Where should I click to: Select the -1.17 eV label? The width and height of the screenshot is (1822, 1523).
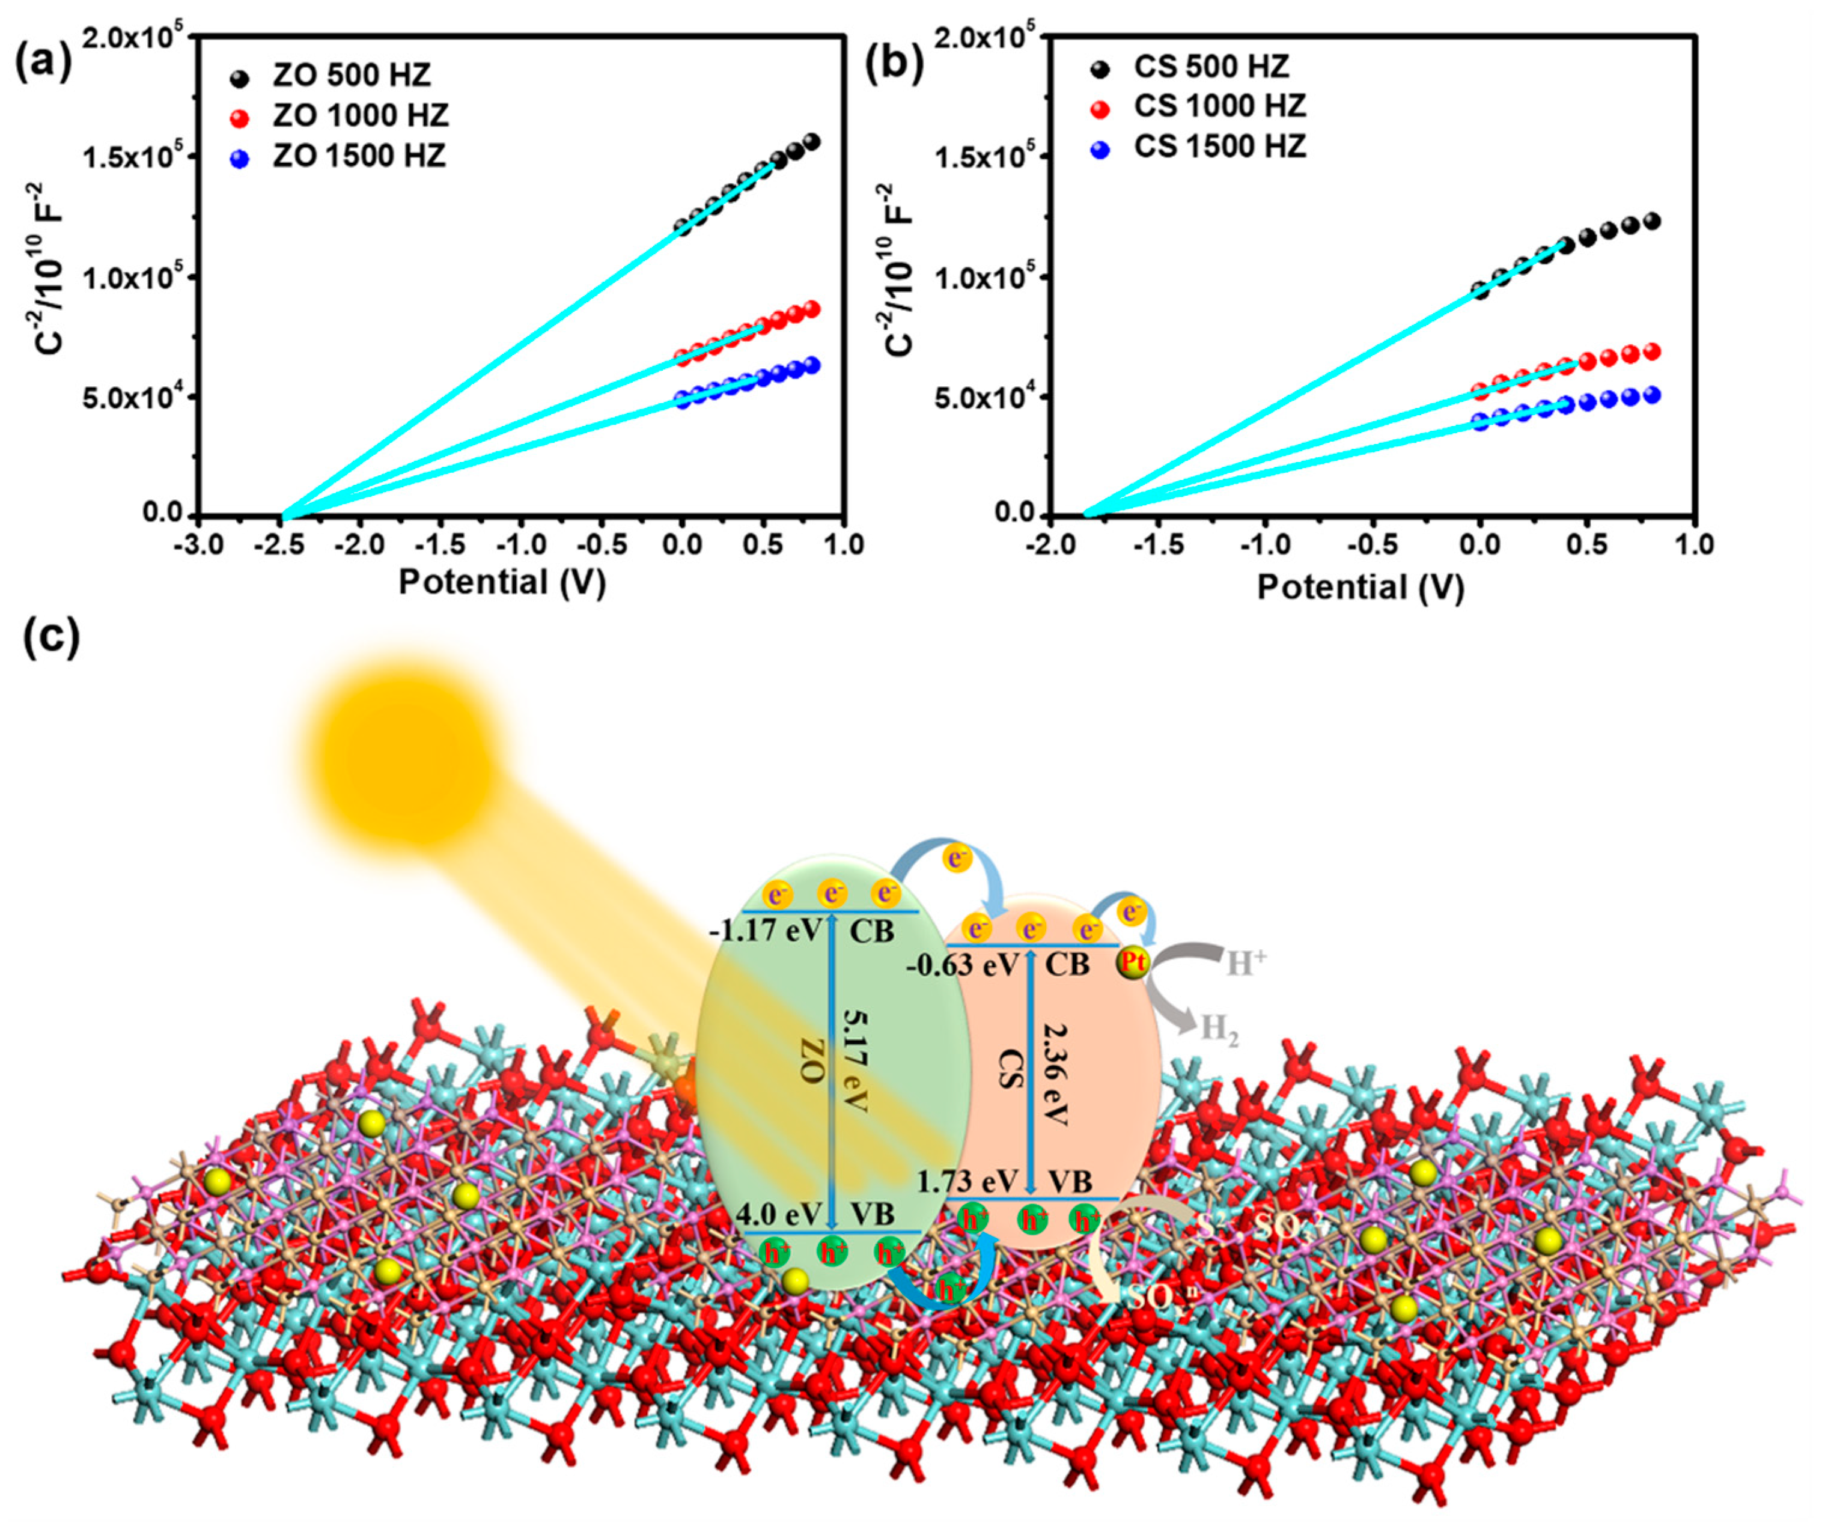[764, 932]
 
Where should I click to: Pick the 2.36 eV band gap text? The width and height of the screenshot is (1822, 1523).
[1052, 1074]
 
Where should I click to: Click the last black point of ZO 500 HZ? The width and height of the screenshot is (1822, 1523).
[812, 141]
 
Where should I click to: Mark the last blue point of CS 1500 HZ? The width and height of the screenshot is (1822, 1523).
[1651, 395]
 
